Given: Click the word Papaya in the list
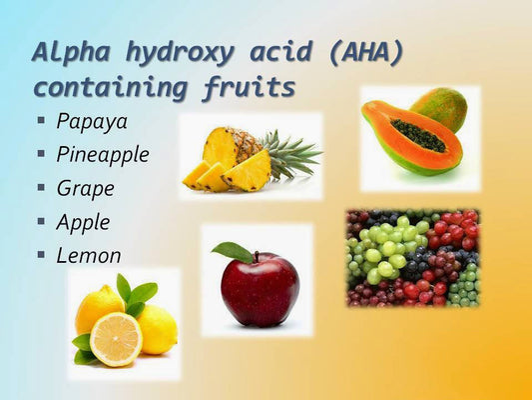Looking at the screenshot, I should (91, 121).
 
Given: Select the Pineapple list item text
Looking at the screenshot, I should (102, 155).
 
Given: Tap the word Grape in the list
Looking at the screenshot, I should (85, 188).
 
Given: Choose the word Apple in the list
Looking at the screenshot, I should (83, 222).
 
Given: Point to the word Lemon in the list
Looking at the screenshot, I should (88, 255).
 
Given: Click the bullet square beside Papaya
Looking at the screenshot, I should (41, 120).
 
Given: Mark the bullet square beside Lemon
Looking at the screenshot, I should (41, 254).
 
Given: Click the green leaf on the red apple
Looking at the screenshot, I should (233, 251).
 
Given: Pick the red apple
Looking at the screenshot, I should (261, 289).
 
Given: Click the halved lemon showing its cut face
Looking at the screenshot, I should (116, 338).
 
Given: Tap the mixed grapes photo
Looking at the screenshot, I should (411, 257).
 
